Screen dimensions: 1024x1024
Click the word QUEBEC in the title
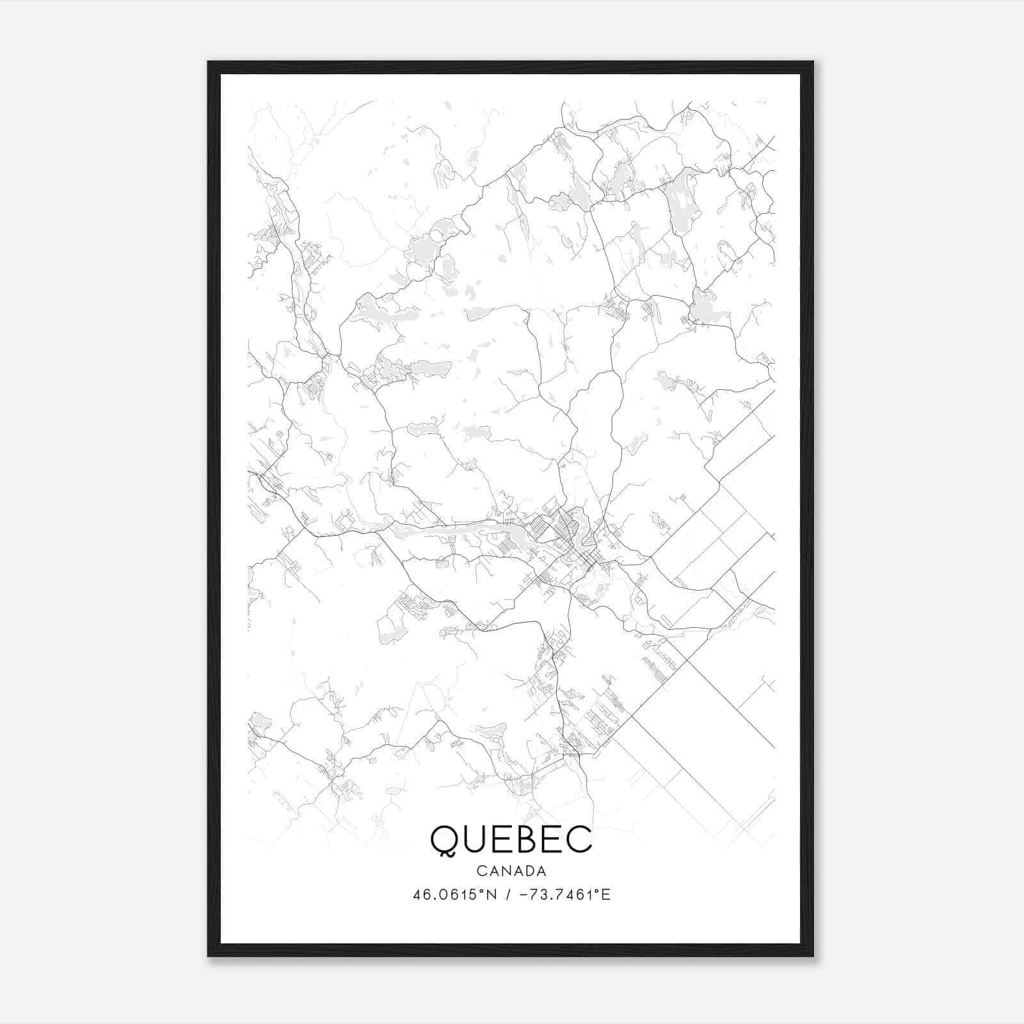tap(511, 839)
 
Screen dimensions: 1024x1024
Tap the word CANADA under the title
tap(511, 871)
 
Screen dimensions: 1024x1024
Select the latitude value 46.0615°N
tap(454, 895)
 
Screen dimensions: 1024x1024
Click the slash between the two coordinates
tap(508, 895)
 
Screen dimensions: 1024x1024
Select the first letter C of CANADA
tap(481, 871)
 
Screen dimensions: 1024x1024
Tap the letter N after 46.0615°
tap(493, 895)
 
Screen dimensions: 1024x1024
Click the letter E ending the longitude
tap(606, 895)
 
